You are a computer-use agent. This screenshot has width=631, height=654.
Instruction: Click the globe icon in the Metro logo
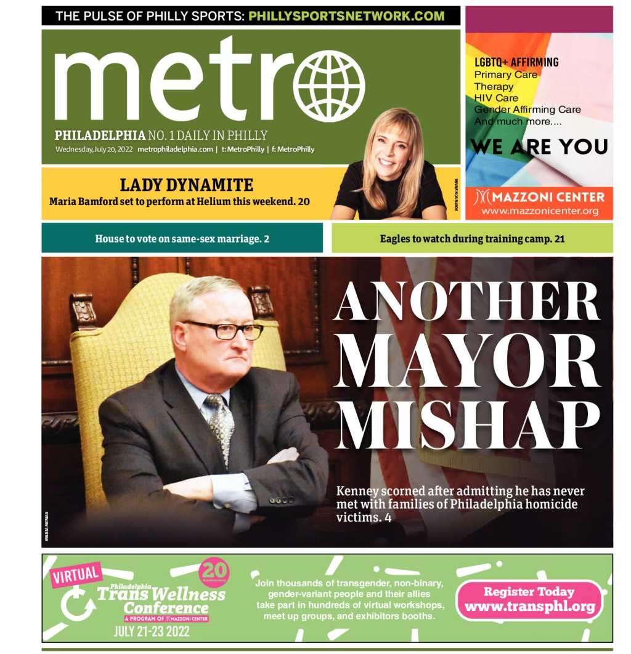pyautogui.click(x=329, y=86)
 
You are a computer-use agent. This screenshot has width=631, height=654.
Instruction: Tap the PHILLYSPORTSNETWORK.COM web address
pyautogui.click(x=346, y=16)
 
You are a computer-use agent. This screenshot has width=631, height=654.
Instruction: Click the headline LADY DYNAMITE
pyautogui.click(x=186, y=185)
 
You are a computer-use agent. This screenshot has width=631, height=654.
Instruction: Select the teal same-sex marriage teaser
pyautogui.click(x=182, y=238)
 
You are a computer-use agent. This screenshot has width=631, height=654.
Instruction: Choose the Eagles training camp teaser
pyautogui.click(x=472, y=238)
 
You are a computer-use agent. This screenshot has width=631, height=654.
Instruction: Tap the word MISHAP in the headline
pyautogui.click(x=468, y=424)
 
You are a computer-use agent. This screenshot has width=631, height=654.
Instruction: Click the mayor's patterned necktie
pyautogui.click(x=221, y=425)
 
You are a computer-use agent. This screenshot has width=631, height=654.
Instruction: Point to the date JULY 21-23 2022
pyautogui.click(x=152, y=631)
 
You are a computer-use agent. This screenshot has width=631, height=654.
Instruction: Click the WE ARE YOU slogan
pyautogui.click(x=539, y=147)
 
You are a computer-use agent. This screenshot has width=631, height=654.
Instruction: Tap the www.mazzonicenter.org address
pyautogui.click(x=539, y=211)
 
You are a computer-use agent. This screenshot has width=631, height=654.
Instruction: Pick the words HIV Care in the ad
pyautogui.click(x=496, y=98)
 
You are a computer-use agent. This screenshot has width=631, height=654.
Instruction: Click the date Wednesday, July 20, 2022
pyautogui.click(x=94, y=149)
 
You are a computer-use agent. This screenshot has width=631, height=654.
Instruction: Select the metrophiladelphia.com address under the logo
pyautogui.click(x=176, y=149)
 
